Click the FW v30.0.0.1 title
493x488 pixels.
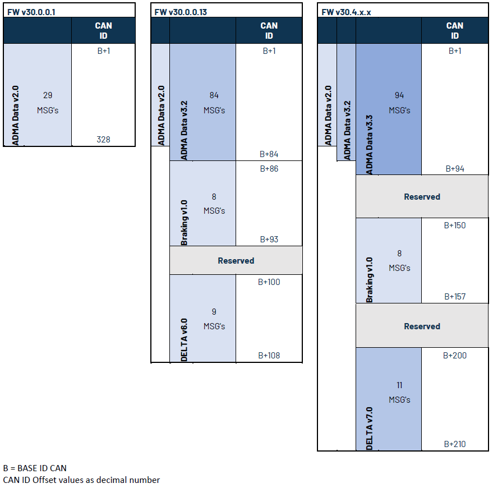[x=31, y=12]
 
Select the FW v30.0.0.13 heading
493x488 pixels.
[x=181, y=12]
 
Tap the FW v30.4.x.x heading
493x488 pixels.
[x=346, y=12]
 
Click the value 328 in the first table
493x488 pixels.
[x=103, y=139]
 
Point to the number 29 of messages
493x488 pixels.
[x=48, y=95]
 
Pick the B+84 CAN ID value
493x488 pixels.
[x=269, y=154]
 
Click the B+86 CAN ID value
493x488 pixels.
[x=269, y=168]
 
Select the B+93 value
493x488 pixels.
[x=269, y=240]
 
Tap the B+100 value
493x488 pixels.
[x=269, y=282]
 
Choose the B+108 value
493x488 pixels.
[x=269, y=355]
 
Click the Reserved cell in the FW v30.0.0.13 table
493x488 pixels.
[x=236, y=261]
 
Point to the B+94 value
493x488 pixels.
[x=455, y=168]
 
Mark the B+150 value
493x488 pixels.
[x=455, y=225]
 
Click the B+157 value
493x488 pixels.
[x=455, y=296]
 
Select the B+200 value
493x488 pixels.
[x=455, y=355]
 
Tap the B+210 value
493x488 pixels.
[x=455, y=444]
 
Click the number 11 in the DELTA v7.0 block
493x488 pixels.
[x=399, y=385]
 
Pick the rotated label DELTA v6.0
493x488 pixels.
[x=184, y=340]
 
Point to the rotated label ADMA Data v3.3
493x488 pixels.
[x=369, y=145]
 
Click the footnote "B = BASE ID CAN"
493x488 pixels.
[x=35, y=468]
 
